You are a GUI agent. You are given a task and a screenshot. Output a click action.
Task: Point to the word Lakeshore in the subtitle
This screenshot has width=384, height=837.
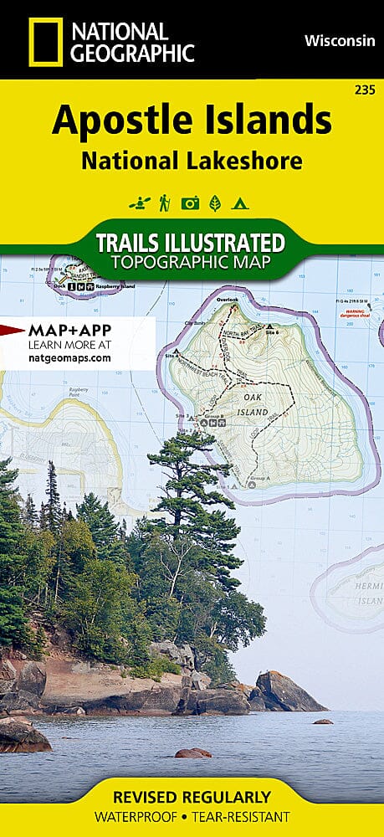[250, 160]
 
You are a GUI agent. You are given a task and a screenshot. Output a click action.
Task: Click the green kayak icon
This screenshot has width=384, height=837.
[138, 203]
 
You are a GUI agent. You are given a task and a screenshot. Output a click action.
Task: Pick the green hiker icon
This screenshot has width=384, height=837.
[165, 203]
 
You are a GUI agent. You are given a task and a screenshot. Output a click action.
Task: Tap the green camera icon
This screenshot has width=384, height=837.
[191, 203]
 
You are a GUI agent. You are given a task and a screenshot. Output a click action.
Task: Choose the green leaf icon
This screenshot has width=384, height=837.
[216, 203]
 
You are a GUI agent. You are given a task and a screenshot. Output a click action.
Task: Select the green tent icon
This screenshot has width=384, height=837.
[240, 203]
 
